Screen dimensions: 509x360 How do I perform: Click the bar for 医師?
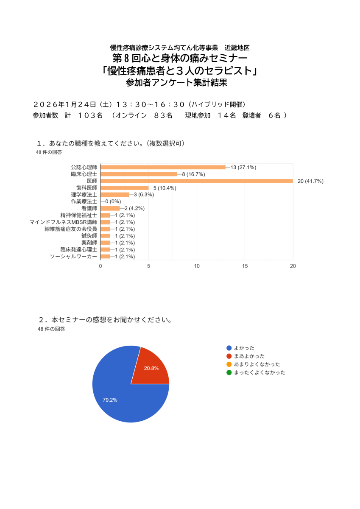[x=197, y=181]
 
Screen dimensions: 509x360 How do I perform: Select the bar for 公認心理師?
[x=163, y=167]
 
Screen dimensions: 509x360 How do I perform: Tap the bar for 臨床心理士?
[x=139, y=174]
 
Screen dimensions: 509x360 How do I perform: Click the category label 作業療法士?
[x=84, y=201]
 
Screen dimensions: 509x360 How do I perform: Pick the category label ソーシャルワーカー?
[x=73, y=257]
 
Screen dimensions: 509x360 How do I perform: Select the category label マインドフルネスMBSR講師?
[x=63, y=222]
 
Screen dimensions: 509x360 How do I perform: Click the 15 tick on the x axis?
[x=245, y=266]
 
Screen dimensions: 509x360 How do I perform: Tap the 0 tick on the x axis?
[x=100, y=266]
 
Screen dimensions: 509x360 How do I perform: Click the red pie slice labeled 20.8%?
[x=151, y=367]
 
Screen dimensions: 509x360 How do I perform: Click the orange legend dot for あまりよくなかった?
[x=229, y=364]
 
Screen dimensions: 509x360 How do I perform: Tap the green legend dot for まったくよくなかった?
[x=229, y=372]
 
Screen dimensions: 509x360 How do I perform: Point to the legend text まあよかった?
[x=249, y=356]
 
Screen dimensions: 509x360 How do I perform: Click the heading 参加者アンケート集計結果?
[x=176, y=83]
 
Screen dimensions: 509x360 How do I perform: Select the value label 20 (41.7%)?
[x=310, y=181]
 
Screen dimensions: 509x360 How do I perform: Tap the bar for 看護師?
[x=110, y=209]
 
